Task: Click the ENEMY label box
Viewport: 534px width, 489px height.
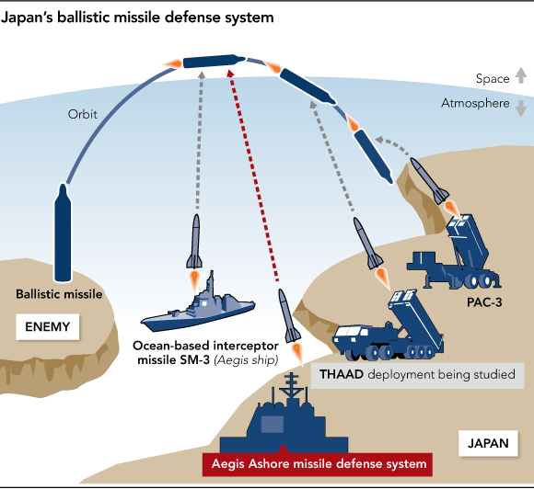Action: [x=48, y=325]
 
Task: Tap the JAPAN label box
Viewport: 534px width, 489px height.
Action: [x=487, y=443]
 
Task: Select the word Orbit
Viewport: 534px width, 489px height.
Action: [x=82, y=115]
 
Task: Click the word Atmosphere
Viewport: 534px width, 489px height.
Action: [x=474, y=104]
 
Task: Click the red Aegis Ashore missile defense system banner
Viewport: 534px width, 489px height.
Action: [x=316, y=463]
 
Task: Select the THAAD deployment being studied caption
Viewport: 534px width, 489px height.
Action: [x=419, y=375]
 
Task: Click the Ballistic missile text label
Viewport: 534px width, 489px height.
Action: [x=59, y=294]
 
